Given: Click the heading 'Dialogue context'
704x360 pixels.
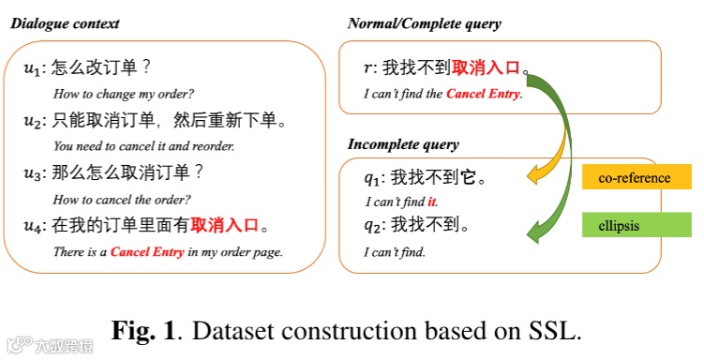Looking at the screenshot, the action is tap(65, 23).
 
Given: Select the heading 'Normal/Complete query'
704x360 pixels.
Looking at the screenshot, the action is tap(425, 23).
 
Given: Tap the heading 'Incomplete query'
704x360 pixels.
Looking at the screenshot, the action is tap(403, 144).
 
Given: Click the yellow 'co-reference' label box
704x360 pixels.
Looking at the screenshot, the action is tap(637, 177).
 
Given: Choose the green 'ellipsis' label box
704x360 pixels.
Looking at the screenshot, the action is tap(637, 225).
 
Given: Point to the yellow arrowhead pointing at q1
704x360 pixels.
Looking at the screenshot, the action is tap(534, 174).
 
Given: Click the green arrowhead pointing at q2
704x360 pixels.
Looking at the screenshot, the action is tap(534, 232).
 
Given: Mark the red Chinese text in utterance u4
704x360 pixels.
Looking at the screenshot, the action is tap(224, 225).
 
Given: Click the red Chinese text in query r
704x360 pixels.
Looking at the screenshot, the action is tap(486, 67).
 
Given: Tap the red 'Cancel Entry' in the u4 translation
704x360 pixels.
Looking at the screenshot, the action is tap(147, 252).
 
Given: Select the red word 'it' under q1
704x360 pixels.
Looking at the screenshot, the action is tap(432, 202).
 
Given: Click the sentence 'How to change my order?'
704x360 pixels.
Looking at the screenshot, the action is tap(124, 94).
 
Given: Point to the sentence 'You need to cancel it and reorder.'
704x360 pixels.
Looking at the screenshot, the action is tap(143, 146).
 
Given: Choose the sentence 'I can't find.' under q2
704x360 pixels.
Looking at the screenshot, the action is tap(395, 252).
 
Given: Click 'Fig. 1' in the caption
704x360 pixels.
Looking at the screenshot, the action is tap(143, 331).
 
